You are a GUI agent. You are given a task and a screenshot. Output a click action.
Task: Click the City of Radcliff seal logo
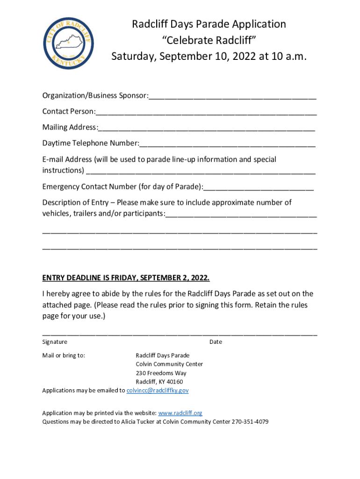[x=68, y=41]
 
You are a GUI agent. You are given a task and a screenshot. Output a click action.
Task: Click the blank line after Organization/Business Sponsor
[x=232, y=97]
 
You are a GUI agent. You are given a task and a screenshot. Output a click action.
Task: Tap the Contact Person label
[x=68, y=112]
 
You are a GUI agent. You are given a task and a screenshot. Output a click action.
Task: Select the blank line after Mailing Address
[x=206, y=128]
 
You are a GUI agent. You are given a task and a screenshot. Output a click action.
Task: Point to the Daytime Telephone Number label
[x=90, y=143]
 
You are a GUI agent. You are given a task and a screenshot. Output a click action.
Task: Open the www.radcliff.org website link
[x=180, y=413]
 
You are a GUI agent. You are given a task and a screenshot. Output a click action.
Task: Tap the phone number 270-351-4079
[x=250, y=421]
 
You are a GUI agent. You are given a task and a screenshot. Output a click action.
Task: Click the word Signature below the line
[x=55, y=342]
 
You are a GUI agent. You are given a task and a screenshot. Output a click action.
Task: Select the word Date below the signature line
[x=216, y=342]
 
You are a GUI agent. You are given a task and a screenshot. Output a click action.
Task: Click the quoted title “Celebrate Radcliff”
[x=209, y=41]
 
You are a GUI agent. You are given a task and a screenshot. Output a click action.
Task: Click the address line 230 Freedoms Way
[x=161, y=373]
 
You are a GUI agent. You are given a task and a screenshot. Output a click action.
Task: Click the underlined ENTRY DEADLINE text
[x=126, y=278]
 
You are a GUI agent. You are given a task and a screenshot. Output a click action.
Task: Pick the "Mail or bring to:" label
[x=64, y=356]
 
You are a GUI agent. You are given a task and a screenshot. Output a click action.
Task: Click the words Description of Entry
[x=76, y=203]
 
